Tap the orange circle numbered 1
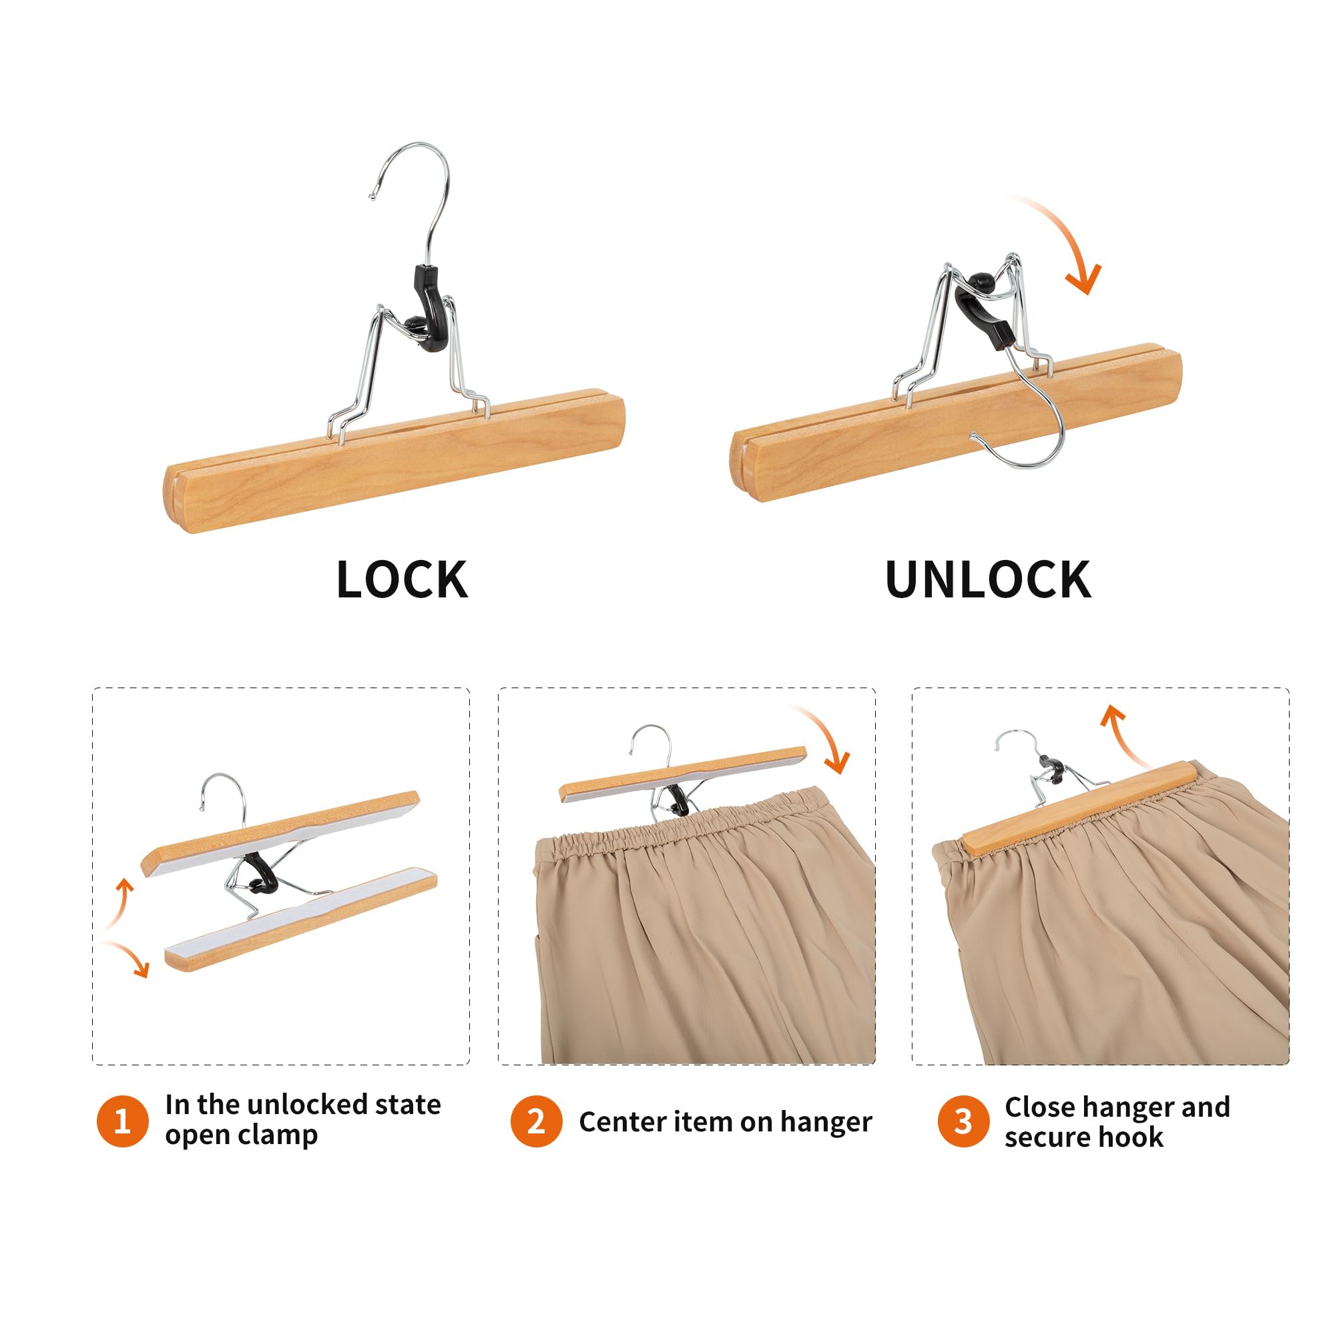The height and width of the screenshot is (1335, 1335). (122, 1121)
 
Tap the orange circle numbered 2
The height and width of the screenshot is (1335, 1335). (535, 1121)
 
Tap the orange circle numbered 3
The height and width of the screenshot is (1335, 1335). (963, 1121)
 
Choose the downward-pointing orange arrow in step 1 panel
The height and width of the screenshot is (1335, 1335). (131, 957)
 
